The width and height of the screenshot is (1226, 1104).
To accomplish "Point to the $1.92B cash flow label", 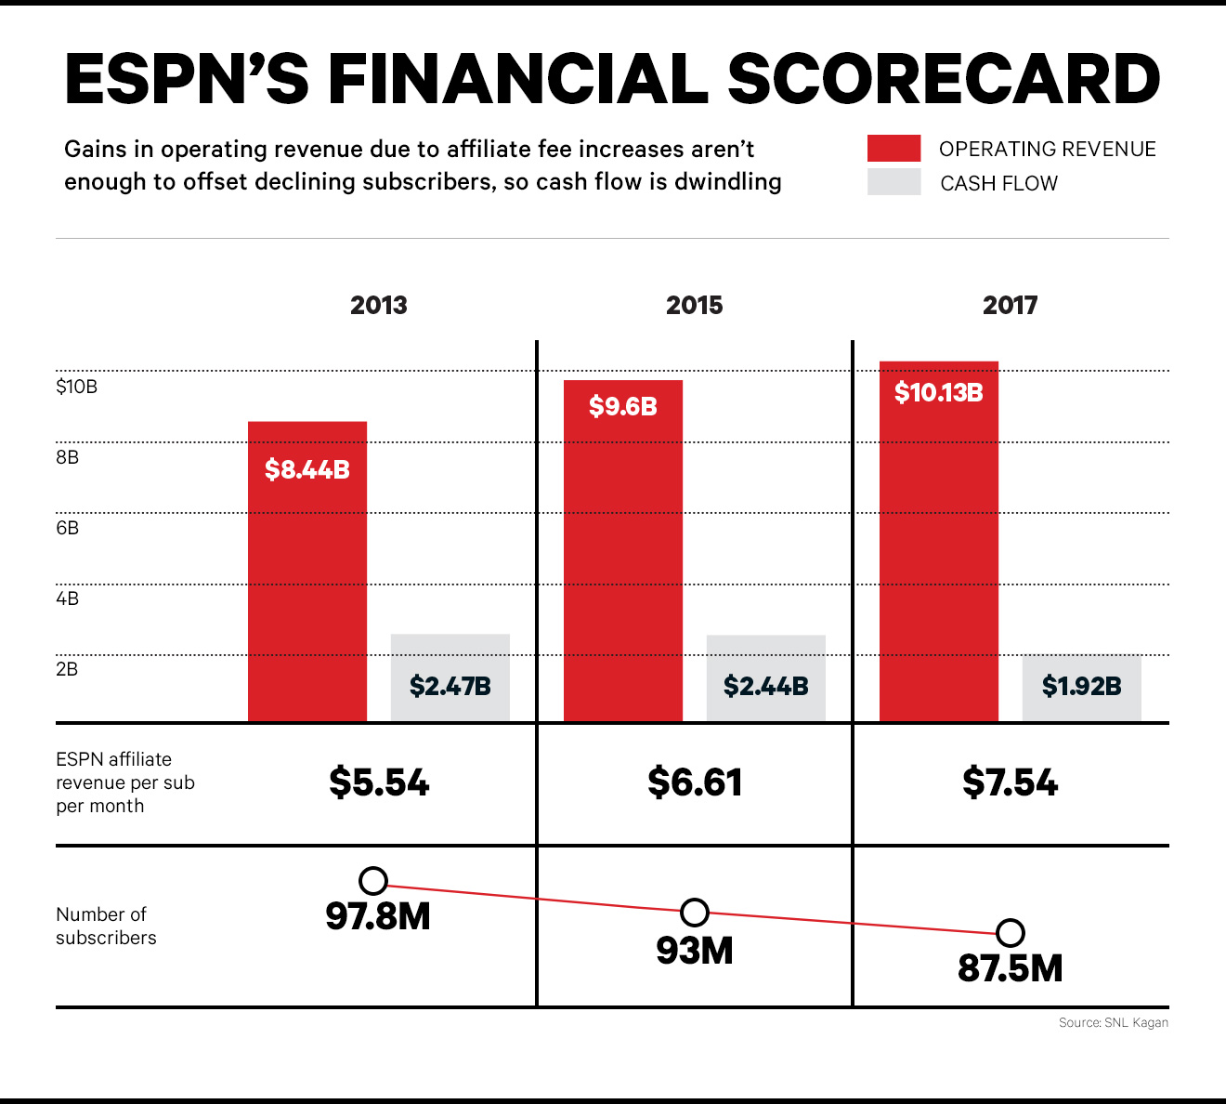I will (1081, 687).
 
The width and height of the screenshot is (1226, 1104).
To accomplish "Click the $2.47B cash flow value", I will (450, 687).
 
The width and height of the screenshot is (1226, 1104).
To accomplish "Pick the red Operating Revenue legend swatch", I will (893, 149).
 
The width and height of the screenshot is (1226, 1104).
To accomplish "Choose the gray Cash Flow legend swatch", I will (893, 182).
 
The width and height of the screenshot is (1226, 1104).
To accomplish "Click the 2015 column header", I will (694, 306).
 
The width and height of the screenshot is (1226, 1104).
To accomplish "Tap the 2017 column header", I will (1010, 306).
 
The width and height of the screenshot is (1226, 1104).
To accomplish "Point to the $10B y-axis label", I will (76, 387).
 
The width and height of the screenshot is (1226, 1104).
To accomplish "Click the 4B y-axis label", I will (67, 598).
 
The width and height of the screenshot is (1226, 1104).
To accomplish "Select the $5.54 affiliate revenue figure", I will (379, 782).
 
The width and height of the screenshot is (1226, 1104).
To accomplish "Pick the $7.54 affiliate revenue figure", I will (1010, 782).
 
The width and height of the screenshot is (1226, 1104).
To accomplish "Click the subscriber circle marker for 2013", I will (373, 881).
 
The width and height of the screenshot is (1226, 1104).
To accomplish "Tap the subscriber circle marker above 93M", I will (695, 913).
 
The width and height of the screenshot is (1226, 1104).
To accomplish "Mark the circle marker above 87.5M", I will (1011, 932).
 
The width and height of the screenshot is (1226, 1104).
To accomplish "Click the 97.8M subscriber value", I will (378, 917).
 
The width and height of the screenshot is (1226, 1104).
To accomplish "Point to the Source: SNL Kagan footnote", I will (1113, 1022).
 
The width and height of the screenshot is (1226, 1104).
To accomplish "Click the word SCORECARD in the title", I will (944, 79).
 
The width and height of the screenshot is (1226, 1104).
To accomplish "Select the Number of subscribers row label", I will (106, 926).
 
